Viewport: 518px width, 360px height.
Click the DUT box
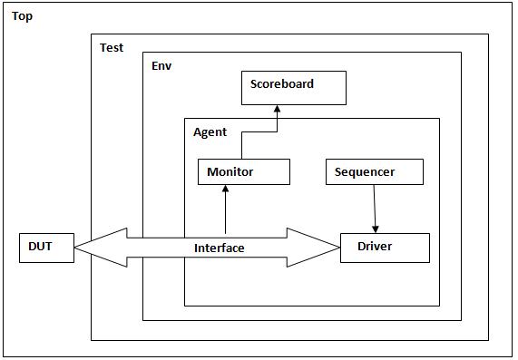point(46,248)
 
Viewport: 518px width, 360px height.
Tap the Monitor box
point(243,171)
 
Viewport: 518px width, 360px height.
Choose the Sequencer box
point(374,171)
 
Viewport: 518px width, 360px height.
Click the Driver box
point(385,248)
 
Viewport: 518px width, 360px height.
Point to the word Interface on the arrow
point(219,248)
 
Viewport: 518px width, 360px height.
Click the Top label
point(22,16)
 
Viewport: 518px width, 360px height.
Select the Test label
point(112,47)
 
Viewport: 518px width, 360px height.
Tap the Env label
point(161,66)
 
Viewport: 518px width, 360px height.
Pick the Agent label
point(210,131)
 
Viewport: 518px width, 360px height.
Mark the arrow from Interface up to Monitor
point(225,209)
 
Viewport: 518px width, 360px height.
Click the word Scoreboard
point(282,83)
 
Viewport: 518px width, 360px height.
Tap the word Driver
point(375,246)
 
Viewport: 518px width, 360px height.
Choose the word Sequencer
point(365,171)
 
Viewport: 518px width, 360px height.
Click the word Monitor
point(230,171)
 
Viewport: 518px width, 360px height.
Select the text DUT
point(40,246)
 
